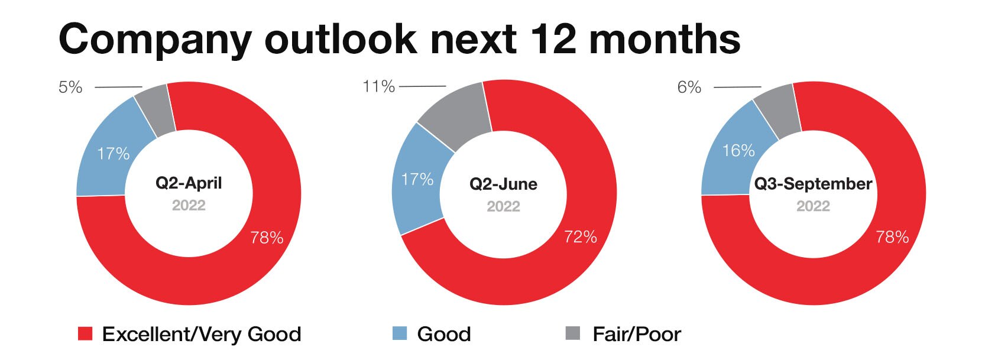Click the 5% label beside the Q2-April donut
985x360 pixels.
[x=70, y=87]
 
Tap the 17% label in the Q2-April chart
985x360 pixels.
[x=114, y=154]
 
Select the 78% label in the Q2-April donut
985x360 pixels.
[x=267, y=238]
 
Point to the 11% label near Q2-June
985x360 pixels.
[x=378, y=86]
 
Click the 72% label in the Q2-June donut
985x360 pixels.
[x=581, y=237]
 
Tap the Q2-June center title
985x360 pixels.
[x=504, y=184]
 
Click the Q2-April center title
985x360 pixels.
[x=189, y=183]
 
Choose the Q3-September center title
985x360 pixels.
[x=813, y=183]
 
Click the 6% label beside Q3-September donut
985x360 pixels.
[x=689, y=87]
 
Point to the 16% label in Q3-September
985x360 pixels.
[x=739, y=151]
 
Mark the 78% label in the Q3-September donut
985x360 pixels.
[x=892, y=238]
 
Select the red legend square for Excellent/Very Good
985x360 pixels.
[x=85, y=333]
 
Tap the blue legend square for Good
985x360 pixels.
[x=400, y=333]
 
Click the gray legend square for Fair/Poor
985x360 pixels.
[x=572, y=333]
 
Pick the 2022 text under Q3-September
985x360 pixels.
[x=813, y=206]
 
